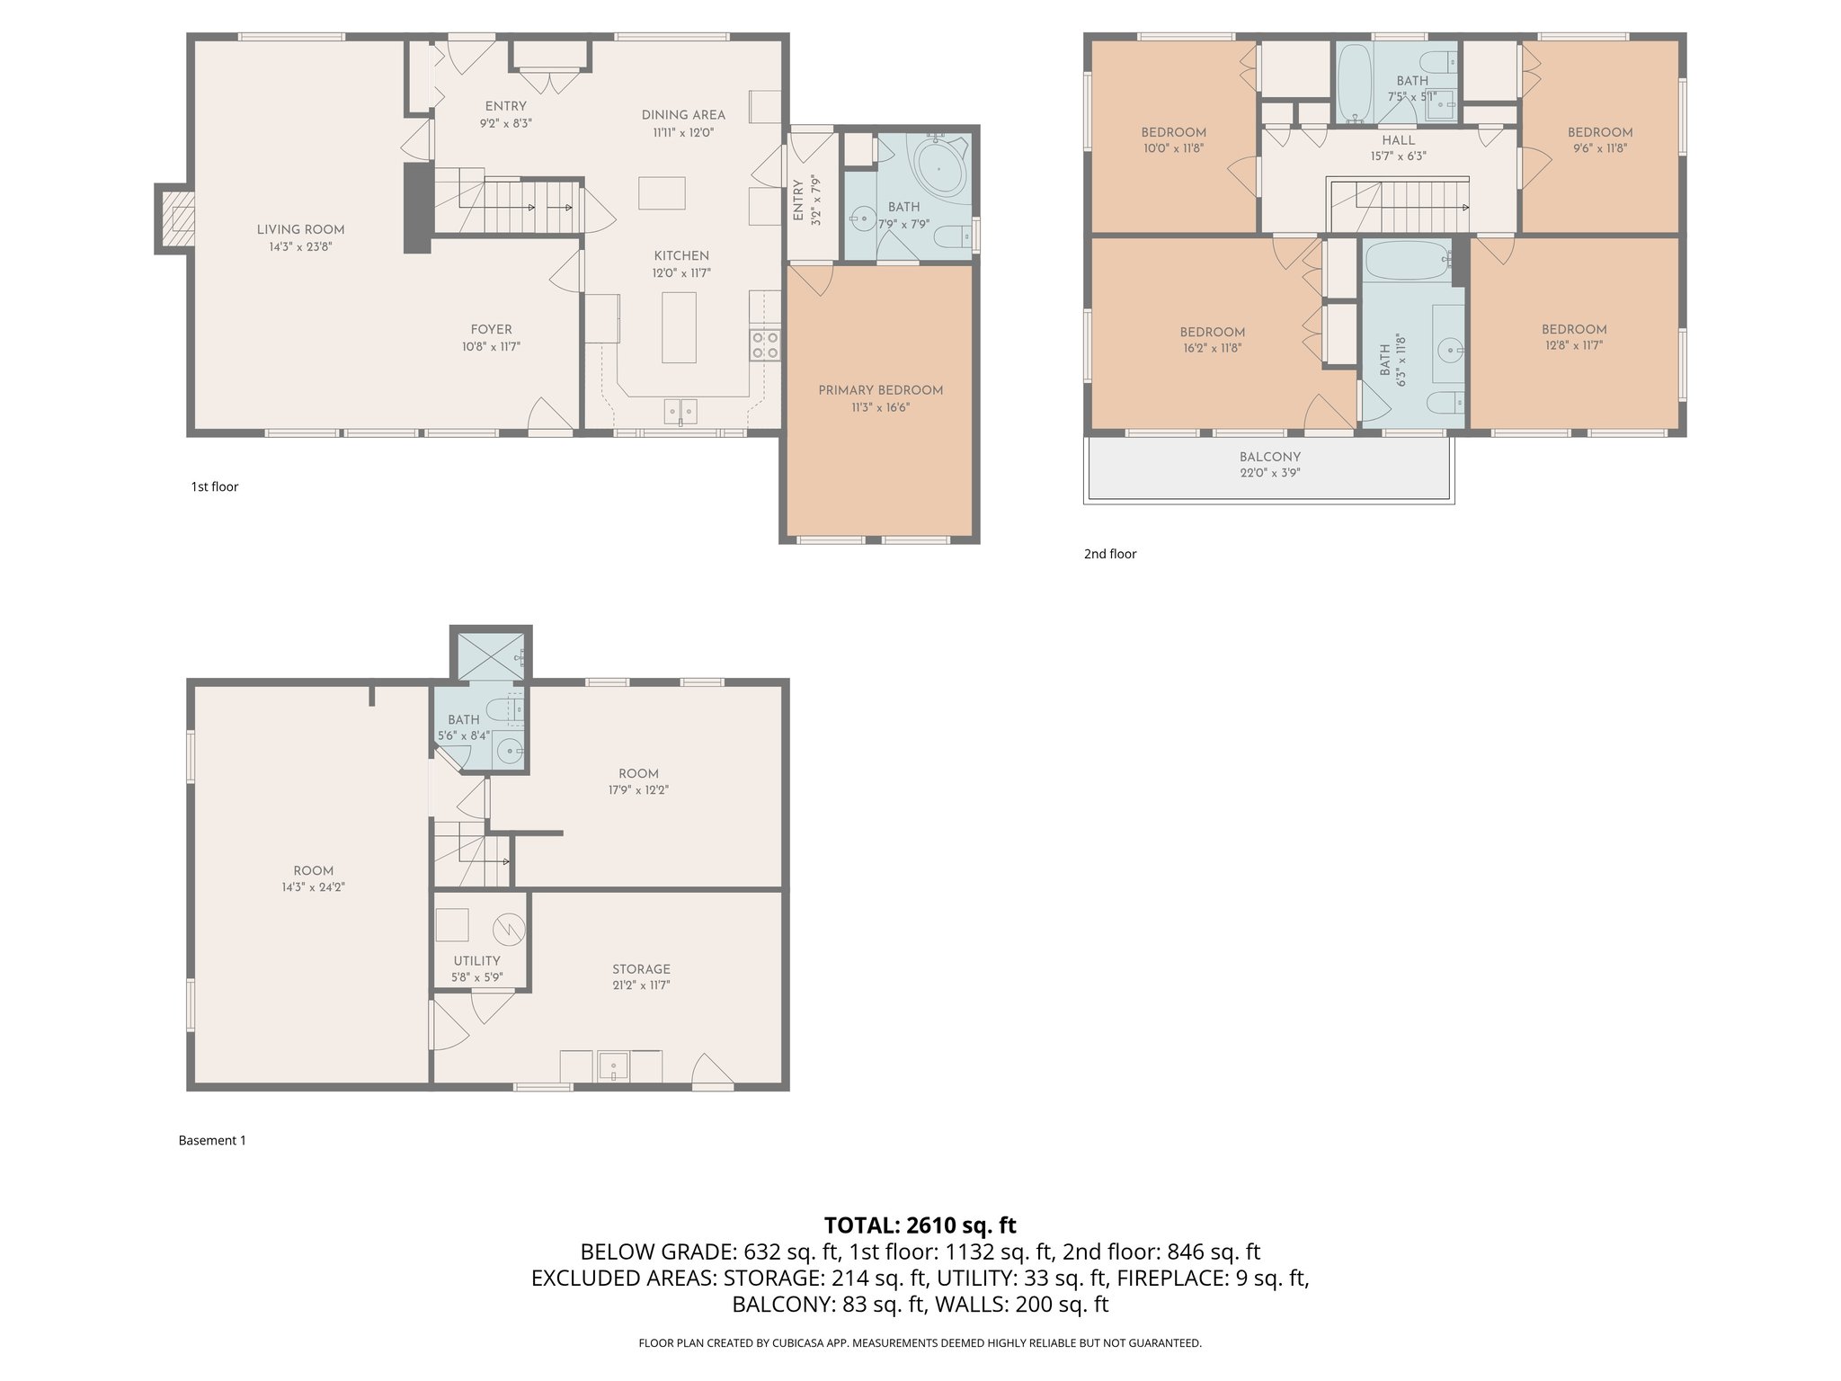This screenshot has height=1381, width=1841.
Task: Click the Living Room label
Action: point(300,229)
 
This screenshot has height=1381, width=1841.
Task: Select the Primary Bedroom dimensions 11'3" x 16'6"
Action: point(880,407)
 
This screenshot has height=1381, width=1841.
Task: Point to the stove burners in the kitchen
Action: point(765,344)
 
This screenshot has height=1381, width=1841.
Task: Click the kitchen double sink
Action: point(680,411)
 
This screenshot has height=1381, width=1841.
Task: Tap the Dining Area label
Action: point(683,115)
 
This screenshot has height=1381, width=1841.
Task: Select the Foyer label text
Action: point(491,330)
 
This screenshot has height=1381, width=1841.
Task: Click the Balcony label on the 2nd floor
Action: point(1269,457)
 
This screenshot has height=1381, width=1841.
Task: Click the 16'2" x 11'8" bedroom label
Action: point(1212,348)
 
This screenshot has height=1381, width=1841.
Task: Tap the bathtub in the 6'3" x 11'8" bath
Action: point(1407,262)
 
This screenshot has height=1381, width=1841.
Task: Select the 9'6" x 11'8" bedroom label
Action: point(1599,148)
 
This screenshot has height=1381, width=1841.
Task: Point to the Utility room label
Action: point(476,961)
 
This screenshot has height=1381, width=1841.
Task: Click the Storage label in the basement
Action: point(641,969)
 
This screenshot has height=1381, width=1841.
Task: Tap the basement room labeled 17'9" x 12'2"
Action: point(638,781)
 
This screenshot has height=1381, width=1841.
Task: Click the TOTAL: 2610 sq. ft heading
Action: point(920,1225)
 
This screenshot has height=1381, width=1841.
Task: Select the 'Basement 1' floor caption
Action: point(212,1140)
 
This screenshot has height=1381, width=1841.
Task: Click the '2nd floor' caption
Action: point(1109,554)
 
